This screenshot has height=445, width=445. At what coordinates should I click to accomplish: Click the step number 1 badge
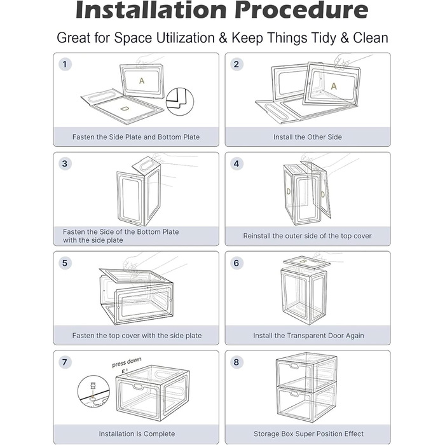pos(65,64)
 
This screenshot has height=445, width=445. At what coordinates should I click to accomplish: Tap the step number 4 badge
pos(236,164)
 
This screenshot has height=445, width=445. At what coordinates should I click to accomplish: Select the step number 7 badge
pos(65,362)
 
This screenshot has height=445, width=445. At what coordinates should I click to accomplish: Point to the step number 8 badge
pos(236,362)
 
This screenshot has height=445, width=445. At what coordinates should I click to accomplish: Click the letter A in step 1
pos(142,81)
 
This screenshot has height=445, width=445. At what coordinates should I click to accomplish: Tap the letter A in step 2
pos(334,86)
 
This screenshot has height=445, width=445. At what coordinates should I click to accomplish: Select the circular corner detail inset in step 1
pos(180,101)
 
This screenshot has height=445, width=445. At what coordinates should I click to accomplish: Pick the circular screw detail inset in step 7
pos(93,392)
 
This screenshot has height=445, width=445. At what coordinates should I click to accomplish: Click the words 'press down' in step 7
pos(127,362)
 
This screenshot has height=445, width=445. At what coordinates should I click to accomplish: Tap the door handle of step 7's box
pos(139,387)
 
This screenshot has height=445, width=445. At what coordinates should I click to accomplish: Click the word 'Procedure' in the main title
pos(301,10)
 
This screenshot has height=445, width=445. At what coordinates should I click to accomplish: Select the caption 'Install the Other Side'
pos(308,137)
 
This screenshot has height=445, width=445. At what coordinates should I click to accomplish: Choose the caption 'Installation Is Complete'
pos(137,434)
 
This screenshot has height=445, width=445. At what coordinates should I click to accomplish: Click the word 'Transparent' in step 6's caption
pos(306,336)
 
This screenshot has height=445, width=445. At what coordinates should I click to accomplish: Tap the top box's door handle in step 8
pos(294,366)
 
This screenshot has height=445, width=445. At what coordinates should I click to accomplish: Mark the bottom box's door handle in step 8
pos(294,394)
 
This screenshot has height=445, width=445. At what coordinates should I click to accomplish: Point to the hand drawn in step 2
pos(342,62)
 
